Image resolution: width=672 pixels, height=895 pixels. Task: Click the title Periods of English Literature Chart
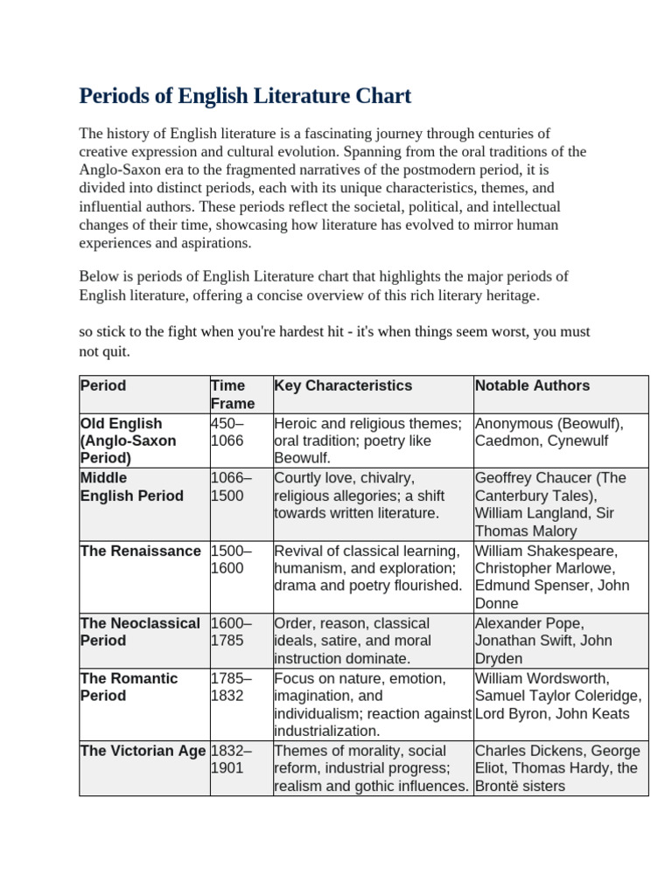point(245,95)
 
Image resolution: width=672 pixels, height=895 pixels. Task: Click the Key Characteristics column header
point(342,385)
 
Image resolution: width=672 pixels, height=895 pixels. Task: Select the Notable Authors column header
point(532,385)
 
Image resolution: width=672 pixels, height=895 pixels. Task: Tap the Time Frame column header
point(232,394)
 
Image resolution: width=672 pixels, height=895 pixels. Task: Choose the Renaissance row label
point(140,551)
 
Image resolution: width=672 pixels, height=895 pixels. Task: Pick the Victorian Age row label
point(143,751)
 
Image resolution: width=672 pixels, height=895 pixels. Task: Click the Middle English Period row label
point(131,487)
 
